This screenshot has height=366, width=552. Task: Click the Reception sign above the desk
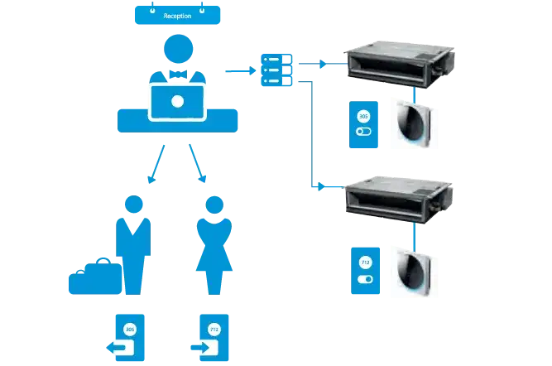[x=177, y=15]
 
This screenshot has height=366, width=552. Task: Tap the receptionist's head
[x=177, y=51]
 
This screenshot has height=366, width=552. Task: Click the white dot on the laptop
[x=177, y=103]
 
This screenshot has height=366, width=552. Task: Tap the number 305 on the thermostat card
[x=363, y=114]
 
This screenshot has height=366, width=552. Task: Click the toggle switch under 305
[x=363, y=131]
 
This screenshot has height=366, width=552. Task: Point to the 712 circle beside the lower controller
[x=364, y=263]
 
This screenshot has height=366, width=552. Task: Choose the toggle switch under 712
[x=364, y=280]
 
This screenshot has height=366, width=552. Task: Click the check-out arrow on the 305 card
[x=122, y=347]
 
